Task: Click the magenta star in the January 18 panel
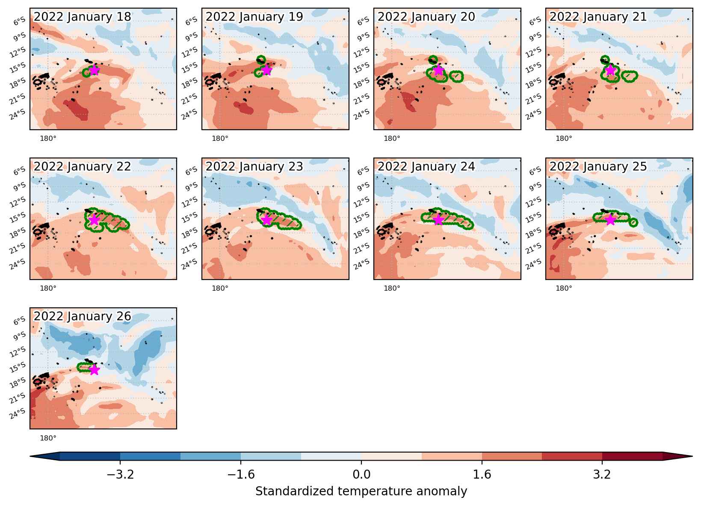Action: (x=95, y=70)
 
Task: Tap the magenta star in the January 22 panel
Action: (x=94, y=220)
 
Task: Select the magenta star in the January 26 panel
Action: (x=95, y=370)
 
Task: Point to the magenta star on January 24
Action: (x=438, y=220)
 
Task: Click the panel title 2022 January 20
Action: (x=426, y=17)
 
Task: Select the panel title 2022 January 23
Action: (x=254, y=167)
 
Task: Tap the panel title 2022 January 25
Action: (x=598, y=167)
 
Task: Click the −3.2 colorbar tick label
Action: (x=120, y=474)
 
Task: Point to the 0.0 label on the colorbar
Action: (x=361, y=474)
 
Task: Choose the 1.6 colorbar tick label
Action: (x=482, y=474)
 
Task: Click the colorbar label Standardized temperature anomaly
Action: (x=361, y=491)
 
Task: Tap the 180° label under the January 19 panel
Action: (x=220, y=138)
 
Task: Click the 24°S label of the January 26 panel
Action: (x=18, y=414)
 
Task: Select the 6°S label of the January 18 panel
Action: (x=19, y=21)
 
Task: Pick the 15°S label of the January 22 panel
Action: (x=18, y=217)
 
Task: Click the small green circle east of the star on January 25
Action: (x=633, y=223)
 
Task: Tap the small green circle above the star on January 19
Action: (x=261, y=59)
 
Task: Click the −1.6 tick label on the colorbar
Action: (x=241, y=474)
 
